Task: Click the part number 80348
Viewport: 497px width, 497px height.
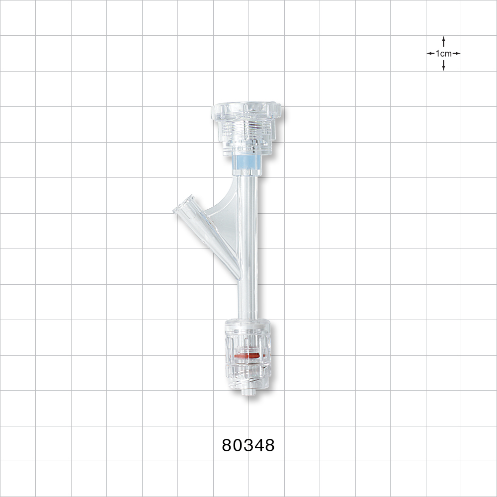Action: click(248, 445)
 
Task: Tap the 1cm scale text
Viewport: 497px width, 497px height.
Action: click(443, 53)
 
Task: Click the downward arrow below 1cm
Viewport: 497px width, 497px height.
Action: click(443, 66)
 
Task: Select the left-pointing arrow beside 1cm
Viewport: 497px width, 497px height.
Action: click(430, 53)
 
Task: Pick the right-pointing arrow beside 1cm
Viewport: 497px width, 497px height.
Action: click(456, 53)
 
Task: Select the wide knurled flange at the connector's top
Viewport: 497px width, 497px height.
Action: click(246, 110)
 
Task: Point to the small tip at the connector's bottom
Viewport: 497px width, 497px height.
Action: click(246, 393)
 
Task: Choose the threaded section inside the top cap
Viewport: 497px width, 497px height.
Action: click(246, 130)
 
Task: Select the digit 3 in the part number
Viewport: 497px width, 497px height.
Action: click(248, 445)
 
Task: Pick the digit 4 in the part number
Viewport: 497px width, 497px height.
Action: click(258, 445)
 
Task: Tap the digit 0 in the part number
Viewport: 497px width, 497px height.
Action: click(238, 445)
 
